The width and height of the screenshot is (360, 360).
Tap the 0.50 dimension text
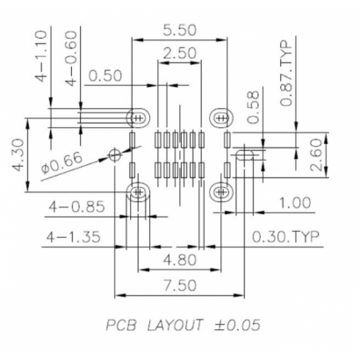tap(104, 76)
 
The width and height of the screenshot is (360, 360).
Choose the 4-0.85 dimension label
tap(76, 207)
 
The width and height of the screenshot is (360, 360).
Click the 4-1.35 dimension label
tap(76, 237)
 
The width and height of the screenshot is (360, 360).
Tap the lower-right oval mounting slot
tap(222, 191)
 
